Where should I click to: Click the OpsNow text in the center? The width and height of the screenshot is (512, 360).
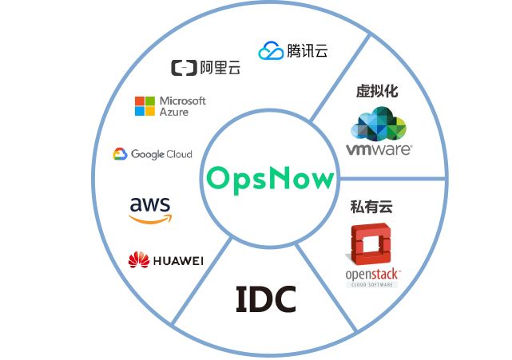coord(268,178)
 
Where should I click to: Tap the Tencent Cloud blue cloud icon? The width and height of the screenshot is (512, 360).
coord(270,51)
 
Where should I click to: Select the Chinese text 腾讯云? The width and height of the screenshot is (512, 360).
coord(307,51)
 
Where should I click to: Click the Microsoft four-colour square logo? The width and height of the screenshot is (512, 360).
coord(145,106)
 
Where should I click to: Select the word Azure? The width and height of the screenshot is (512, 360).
coord(174,113)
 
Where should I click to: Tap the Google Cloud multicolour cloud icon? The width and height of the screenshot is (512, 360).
coord(121,154)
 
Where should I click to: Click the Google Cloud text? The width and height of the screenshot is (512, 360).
coord(161,154)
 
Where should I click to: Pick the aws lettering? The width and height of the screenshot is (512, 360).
coord(149,204)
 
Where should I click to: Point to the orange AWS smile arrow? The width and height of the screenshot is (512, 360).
coord(150,218)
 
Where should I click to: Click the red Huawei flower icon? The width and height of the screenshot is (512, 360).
coord(139,260)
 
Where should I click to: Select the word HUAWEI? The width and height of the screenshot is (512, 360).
coord(178,261)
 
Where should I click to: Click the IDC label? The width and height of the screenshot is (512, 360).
coord(266,299)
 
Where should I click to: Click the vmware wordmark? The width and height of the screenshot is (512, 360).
coord(379,149)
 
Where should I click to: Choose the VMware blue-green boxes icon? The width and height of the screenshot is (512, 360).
coord(379,125)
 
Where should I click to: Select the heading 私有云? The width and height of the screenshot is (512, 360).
coord(371,208)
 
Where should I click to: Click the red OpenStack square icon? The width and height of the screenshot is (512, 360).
coord(372,244)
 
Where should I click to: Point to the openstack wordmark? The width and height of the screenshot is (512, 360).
coord(372,276)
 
